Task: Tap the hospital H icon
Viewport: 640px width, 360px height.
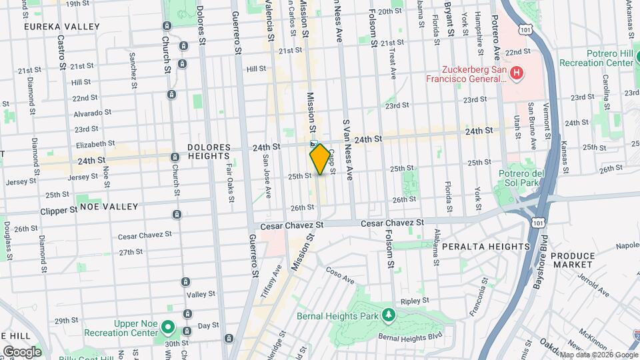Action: [516, 72]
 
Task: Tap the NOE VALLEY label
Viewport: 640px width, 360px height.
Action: [109, 207]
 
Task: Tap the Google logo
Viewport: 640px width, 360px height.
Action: [21, 351]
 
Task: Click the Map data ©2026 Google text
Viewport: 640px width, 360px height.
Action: [598, 355]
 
